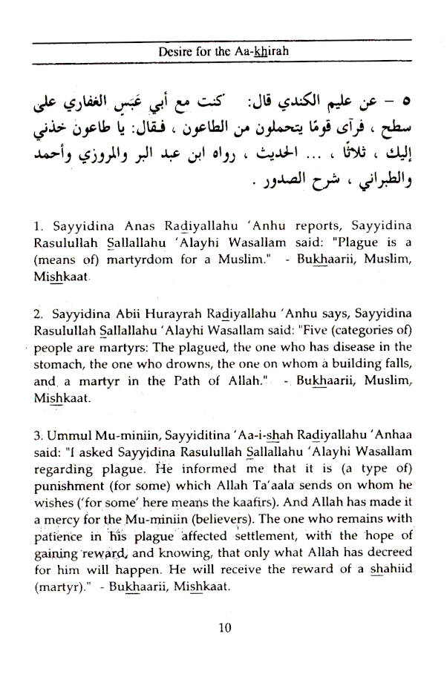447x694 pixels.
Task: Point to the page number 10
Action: point(226,628)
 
